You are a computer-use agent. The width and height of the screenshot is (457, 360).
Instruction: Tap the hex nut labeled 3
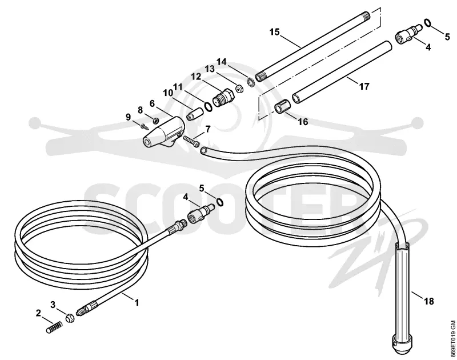(70, 318)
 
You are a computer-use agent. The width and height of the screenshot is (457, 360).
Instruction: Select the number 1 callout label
(137, 303)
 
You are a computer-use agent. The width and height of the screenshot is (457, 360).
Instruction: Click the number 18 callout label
(429, 301)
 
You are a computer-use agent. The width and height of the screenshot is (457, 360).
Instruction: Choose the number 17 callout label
(364, 86)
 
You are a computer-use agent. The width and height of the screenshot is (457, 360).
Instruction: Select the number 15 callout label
(274, 32)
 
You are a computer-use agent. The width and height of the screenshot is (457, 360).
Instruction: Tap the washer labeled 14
(250, 82)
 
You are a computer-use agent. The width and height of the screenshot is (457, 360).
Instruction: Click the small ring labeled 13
(240, 89)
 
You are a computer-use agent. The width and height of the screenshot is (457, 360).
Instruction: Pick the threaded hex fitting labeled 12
(223, 97)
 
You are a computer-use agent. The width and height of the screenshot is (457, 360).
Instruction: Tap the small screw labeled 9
(144, 126)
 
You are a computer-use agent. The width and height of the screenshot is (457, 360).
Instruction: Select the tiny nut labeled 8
(155, 120)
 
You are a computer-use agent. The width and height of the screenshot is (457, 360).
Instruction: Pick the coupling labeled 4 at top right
(408, 34)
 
